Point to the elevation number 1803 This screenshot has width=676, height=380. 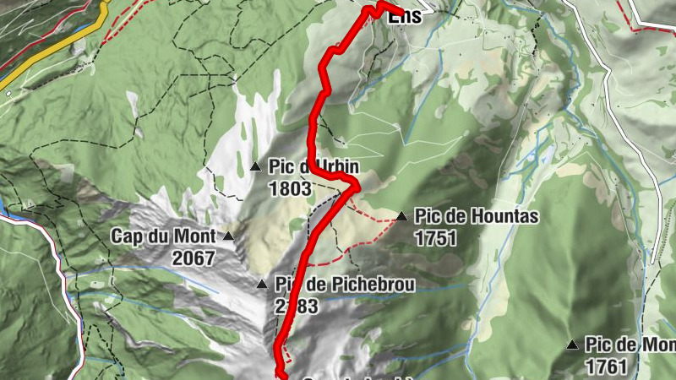pos(290,188)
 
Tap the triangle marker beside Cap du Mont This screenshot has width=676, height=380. pos(228,236)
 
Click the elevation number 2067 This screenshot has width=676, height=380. pos(194,258)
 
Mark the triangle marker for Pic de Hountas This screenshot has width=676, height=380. pos(401,217)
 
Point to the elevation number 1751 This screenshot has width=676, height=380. pos(436,239)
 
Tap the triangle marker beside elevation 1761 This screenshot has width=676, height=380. pos(572,345)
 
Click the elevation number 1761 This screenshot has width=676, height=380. pos(606,366)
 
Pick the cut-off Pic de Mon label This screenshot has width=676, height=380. pos(630,345)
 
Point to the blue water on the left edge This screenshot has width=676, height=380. pos(4,208)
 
